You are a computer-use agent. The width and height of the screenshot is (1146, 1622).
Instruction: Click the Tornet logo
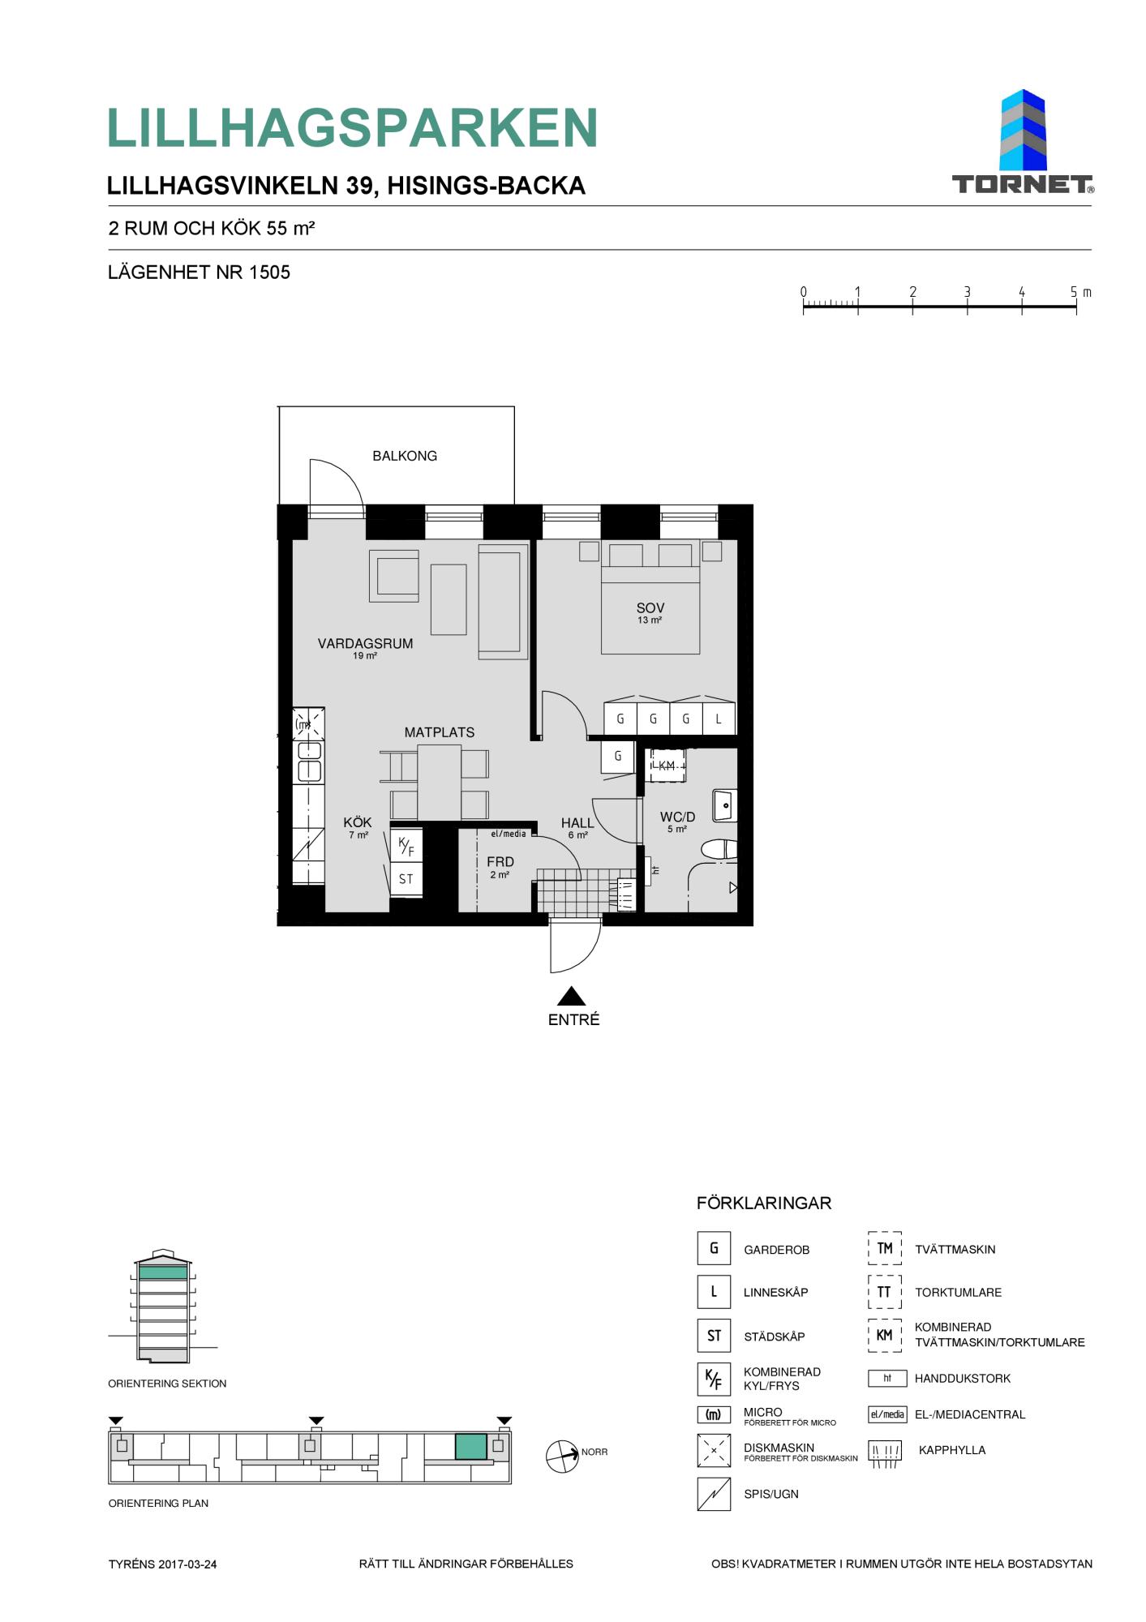click(1023, 142)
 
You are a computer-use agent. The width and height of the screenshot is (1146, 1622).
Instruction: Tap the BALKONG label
click(405, 456)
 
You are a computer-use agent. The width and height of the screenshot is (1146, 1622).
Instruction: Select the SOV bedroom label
click(650, 607)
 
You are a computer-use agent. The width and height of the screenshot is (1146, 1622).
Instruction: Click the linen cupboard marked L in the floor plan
click(719, 719)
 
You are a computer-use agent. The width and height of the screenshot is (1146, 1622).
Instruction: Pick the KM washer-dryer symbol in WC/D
click(666, 766)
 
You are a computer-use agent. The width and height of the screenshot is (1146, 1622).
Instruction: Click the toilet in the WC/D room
click(719, 849)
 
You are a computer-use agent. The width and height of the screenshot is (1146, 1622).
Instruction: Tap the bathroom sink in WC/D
click(724, 805)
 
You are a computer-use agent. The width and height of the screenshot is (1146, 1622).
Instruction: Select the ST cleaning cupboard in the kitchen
click(406, 879)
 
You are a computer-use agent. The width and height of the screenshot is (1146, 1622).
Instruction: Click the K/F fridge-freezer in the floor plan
click(406, 846)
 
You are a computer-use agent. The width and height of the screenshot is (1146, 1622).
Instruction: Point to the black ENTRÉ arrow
click(572, 996)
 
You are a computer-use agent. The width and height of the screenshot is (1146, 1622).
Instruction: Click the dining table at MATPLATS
click(440, 783)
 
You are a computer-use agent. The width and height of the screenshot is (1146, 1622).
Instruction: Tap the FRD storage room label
click(500, 862)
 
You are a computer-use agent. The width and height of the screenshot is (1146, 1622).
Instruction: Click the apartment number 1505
click(269, 272)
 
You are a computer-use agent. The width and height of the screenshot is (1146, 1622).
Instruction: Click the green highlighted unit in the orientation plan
click(471, 1447)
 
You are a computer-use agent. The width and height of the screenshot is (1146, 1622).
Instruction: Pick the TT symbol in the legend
click(885, 1292)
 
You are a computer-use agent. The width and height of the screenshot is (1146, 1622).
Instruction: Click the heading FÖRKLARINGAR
click(764, 1204)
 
